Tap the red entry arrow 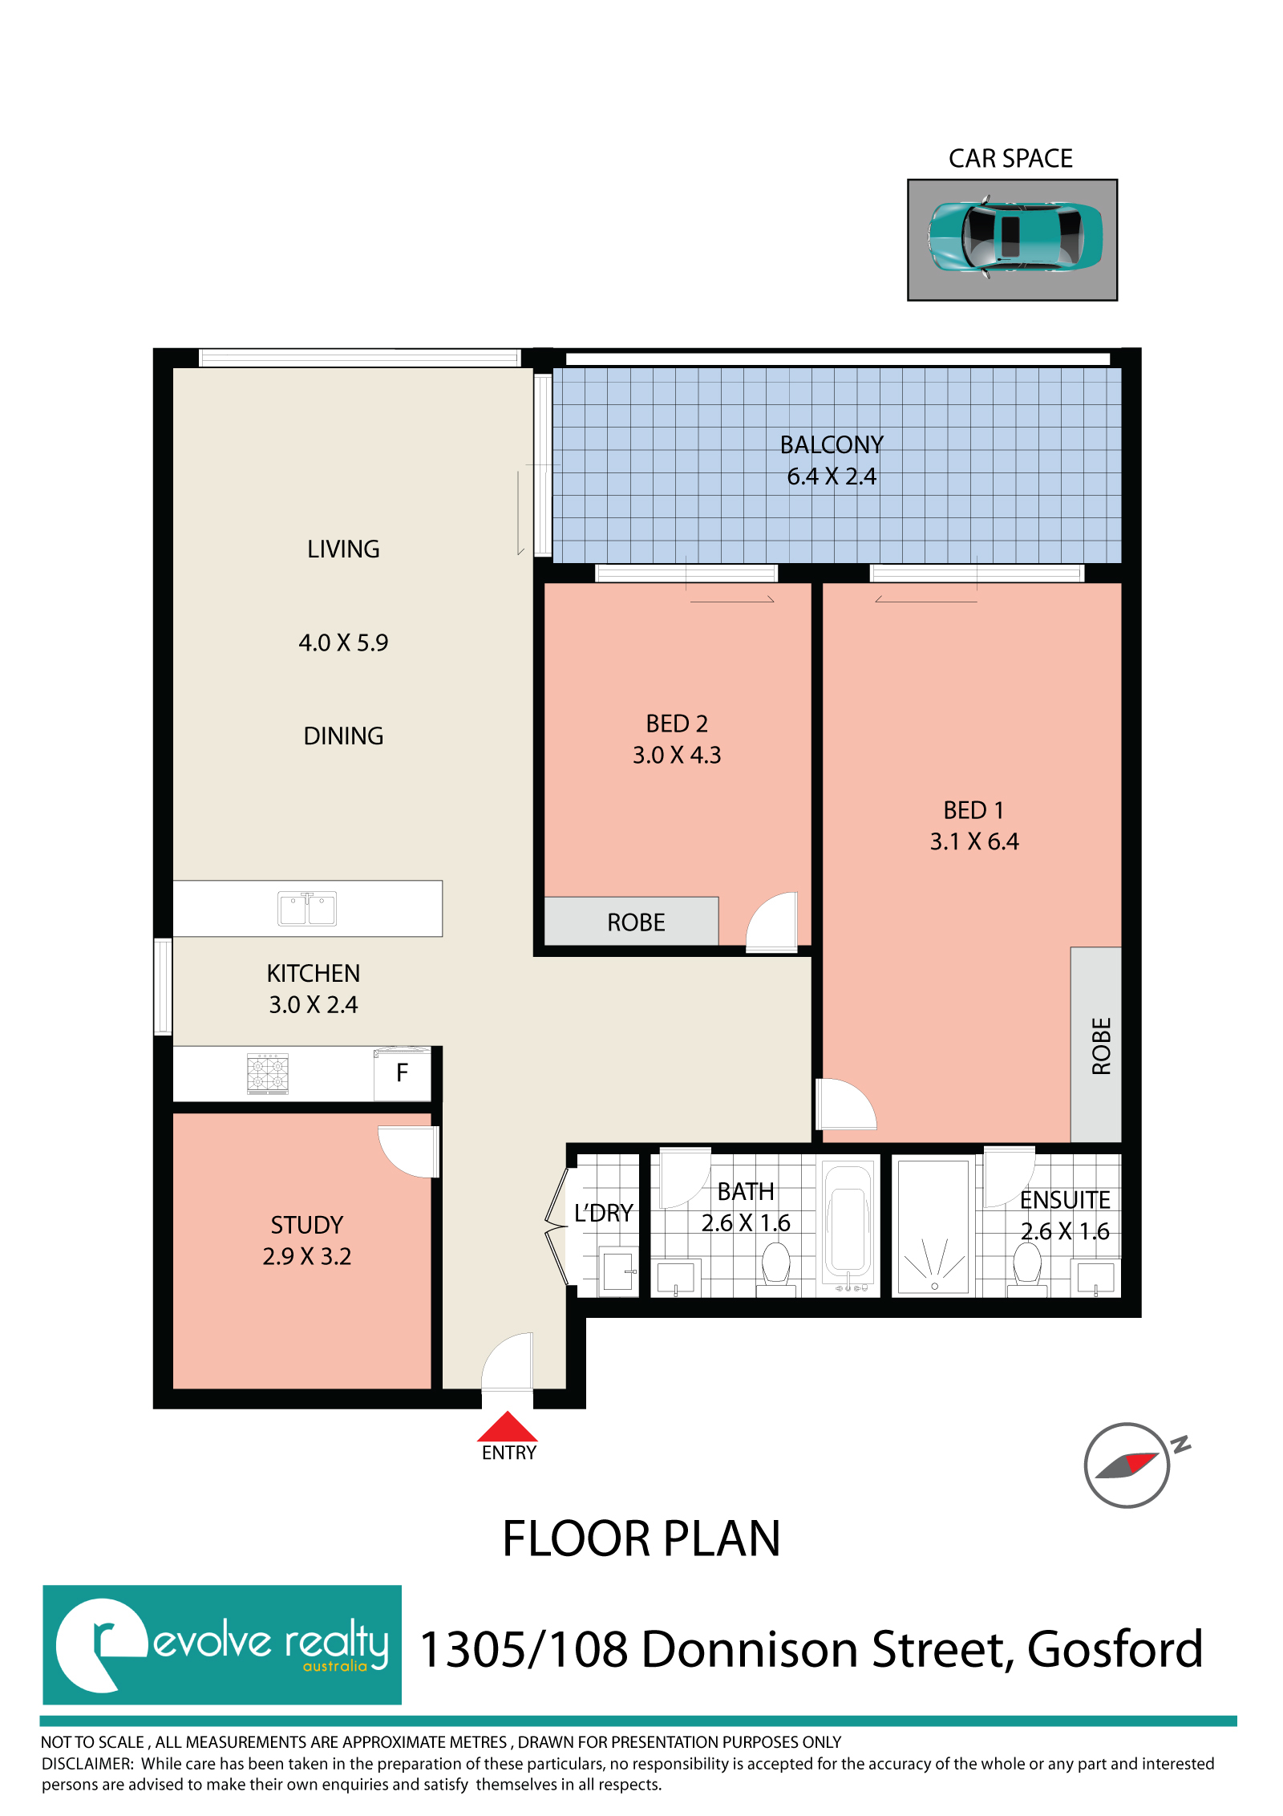[508, 1427]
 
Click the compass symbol [1131, 1465]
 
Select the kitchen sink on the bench [307, 909]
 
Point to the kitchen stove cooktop [268, 1073]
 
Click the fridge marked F [403, 1074]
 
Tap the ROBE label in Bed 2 [636, 922]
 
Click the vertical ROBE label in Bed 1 [1102, 1046]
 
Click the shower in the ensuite [934, 1227]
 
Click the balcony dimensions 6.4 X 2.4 [832, 476]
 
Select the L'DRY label [604, 1213]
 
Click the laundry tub [618, 1271]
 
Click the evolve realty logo [222, 1645]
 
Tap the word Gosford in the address [1115, 1649]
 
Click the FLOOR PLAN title [641, 1538]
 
